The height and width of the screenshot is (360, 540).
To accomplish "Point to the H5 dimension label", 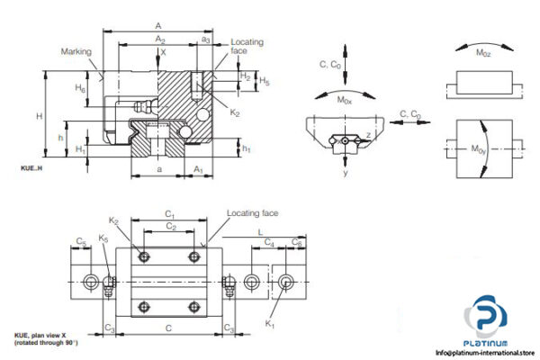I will pyautogui.click(x=264, y=81).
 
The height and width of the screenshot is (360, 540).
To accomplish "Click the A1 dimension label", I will pyautogui.click(x=199, y=168).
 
